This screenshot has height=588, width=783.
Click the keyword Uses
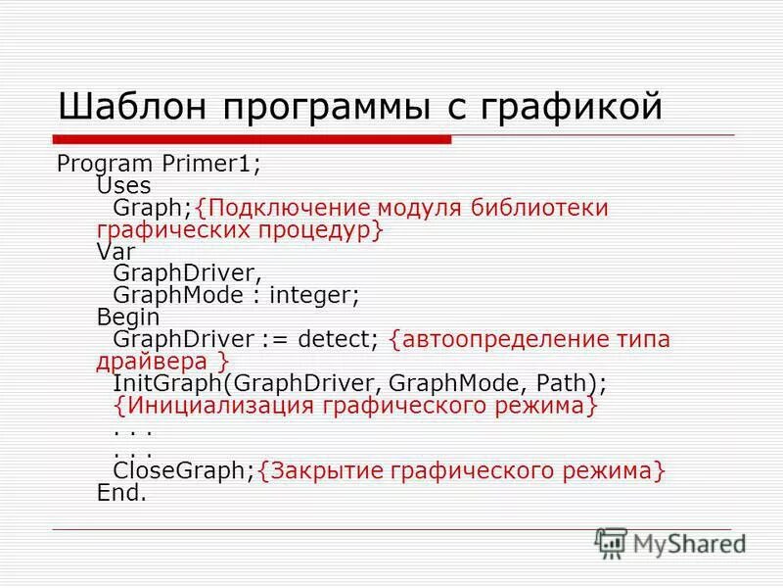point(124,185)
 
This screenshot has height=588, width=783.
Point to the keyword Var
point(115,251)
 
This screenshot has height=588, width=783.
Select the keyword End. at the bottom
point(121,493)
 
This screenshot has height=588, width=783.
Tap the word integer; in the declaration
point(317,294)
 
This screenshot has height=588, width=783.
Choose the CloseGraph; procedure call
point(183,471)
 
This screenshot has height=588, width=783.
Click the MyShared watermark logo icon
point(611,542)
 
